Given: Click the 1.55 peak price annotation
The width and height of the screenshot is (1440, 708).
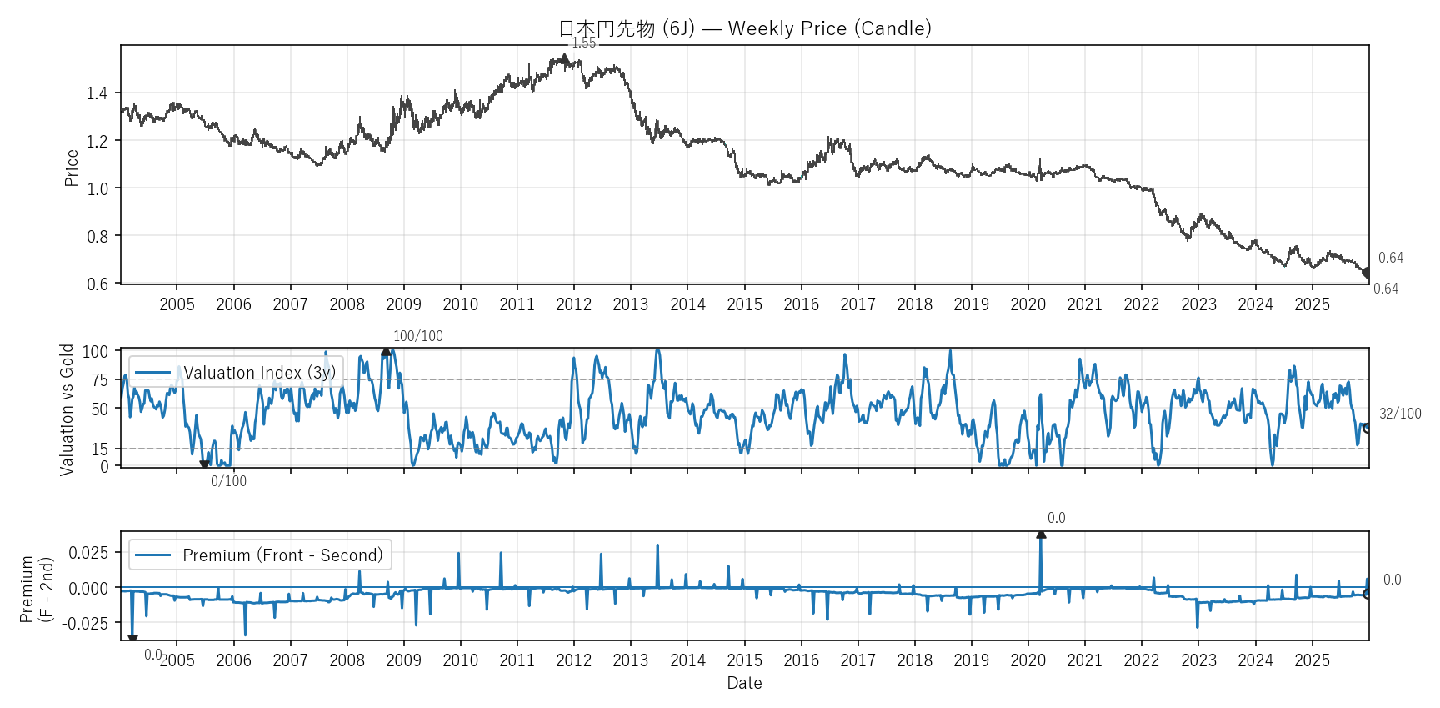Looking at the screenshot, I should click(583, 43).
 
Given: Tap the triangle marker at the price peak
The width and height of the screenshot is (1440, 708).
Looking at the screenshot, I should click(565, 58).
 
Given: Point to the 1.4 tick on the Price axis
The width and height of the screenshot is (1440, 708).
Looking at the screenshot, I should click(97, 93).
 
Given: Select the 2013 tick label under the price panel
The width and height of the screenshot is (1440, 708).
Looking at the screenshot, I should click(630, 304).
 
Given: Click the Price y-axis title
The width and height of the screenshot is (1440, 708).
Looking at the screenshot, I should click(72, 168).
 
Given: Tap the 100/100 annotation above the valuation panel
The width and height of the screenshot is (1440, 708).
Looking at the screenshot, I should click(417, 336).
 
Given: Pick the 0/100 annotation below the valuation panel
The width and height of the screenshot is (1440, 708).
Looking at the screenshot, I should click(228, 481).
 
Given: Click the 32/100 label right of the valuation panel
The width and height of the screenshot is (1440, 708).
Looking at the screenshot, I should click(1400, 414).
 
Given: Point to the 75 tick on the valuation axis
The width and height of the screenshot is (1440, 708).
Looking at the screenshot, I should click(100, 380).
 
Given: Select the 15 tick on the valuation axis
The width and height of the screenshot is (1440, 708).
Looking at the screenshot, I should click(100, 449).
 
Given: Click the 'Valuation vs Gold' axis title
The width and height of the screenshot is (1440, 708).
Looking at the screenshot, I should click(67, 409).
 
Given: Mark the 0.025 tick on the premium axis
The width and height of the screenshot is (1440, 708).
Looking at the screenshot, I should click(88, 553).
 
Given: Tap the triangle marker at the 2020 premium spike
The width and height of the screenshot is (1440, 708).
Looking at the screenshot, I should click(1041, 534).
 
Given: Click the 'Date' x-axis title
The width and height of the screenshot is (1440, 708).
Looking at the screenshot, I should click(744, 683).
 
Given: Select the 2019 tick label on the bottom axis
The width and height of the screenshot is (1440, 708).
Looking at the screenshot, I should click(971, 660).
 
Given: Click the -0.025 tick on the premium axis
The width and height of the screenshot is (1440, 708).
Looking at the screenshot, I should click(87, 623).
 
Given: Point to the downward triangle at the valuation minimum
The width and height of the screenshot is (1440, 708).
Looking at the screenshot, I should click(204, 464).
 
